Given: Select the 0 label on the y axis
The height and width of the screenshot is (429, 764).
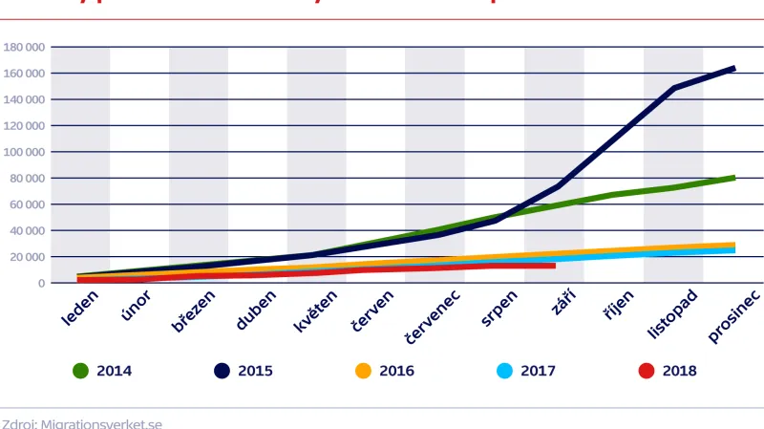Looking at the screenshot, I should [x=41, y=283].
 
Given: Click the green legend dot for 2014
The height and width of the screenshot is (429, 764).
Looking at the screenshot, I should [x=81, y=371].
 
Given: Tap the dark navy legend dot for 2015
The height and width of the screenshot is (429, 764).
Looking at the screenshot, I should [x=223, y=371].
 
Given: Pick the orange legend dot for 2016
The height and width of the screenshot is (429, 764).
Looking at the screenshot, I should [x=363, y=371].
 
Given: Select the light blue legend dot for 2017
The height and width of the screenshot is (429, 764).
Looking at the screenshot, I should [x=504, y=371].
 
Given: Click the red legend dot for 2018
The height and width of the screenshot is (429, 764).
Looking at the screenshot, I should [x=647, y=371].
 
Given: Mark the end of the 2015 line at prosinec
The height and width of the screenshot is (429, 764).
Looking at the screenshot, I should [x=733, y=68].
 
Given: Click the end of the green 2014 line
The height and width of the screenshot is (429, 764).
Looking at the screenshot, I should [x=733, y=177].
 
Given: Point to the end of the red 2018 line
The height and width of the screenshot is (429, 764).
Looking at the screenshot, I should [x=554, y=266].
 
